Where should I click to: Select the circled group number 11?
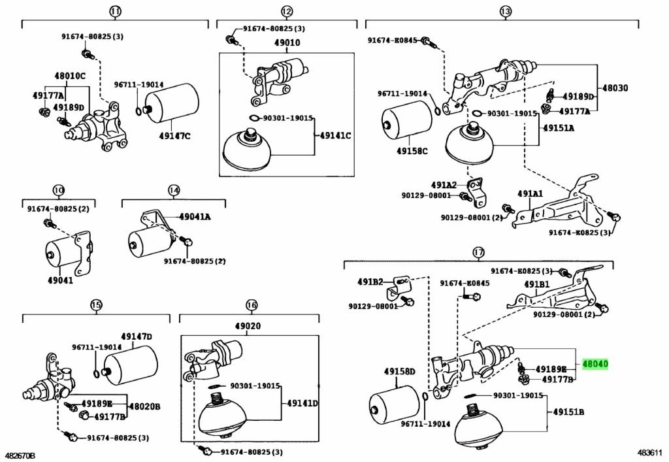tap(115, 11)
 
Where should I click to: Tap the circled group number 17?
tap(479, 252)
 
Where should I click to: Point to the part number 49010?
tap(287, 43)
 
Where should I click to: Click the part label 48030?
tap(615, 88)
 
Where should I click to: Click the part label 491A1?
tap(530, 193)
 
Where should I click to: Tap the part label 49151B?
tap(568, 412)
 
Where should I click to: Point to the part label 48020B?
tap(144, 406)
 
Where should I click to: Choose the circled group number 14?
tap(173, 191)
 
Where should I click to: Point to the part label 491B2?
tap(370, 282)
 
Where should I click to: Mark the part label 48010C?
tap(69, 76)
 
